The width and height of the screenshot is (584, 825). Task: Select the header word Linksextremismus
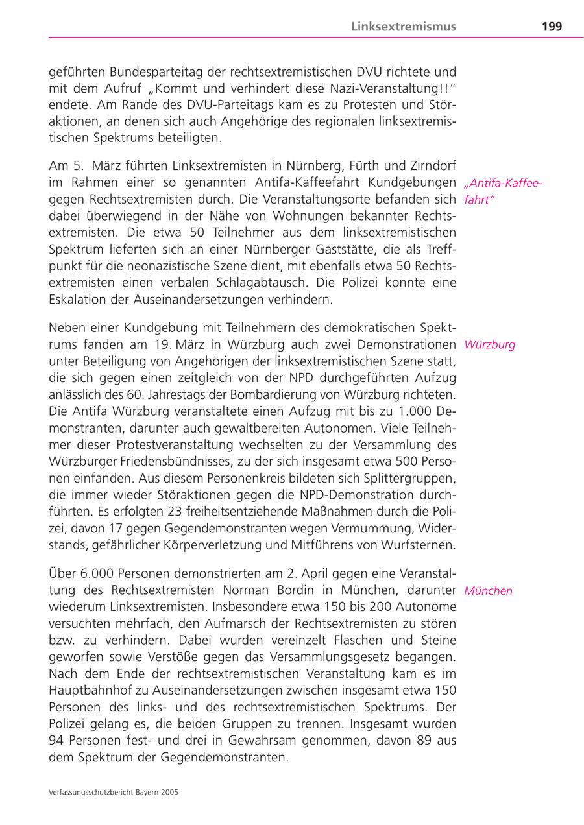coord(404,27)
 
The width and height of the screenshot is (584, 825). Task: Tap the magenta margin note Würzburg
coord(490,344)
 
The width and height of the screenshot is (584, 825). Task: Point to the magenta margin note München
coord(488,591)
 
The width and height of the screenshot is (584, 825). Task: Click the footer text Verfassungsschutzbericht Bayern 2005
coord(114,792)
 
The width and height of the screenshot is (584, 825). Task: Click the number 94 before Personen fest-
coord(56,741)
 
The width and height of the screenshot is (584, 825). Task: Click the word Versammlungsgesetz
coord(349,657)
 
